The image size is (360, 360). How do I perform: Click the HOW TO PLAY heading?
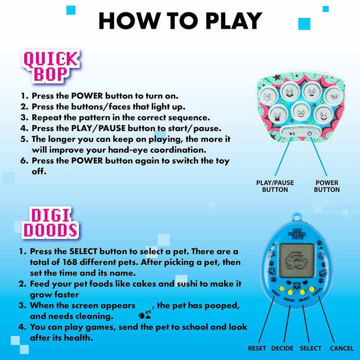point(180,21)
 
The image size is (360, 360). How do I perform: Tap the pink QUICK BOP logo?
point(51,66)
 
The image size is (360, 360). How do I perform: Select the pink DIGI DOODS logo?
point(50,223)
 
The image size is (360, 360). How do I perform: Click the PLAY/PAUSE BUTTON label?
point(275,186)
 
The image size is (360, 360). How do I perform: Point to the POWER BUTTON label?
point(327,186)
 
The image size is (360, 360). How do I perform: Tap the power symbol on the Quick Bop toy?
point(310,133)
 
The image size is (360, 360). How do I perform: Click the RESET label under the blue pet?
point(257,348)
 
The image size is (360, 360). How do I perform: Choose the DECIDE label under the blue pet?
point(282,348)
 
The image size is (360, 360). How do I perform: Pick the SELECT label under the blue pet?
point(311,348)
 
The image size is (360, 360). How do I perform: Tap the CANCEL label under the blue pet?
point(341,348)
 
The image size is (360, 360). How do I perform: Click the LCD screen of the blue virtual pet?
point(297,261)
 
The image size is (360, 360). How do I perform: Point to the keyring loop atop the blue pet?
point(297,217)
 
